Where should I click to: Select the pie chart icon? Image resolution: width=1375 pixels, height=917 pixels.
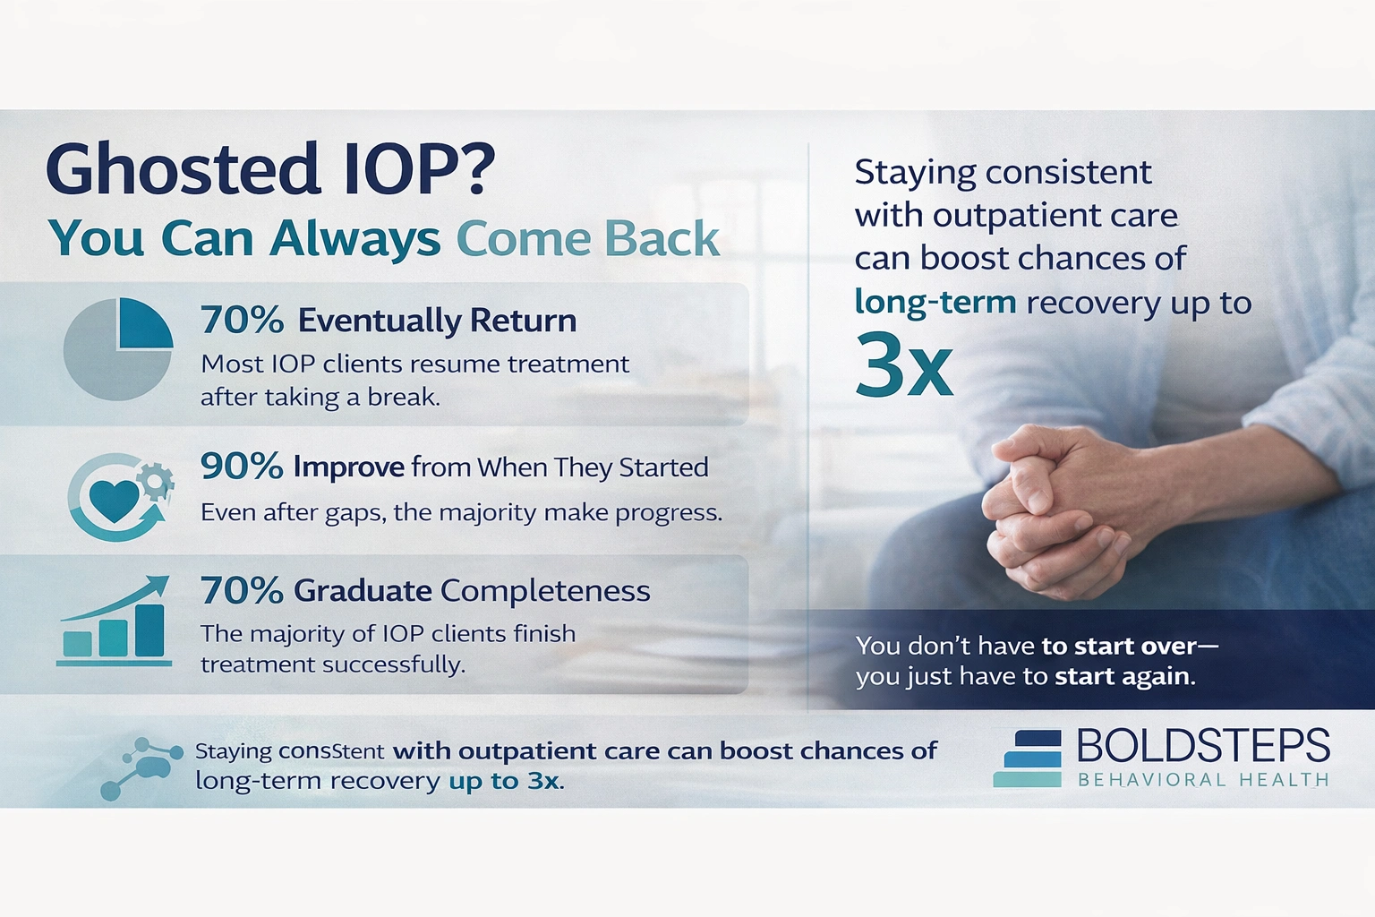(x=117, y=349)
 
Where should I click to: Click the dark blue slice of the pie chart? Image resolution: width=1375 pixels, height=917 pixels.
(x=143, y=324)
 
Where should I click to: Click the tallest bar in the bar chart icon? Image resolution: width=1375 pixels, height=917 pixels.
(x=149, y=630)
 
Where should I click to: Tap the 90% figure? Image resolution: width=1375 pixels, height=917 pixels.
(x=241, y=467)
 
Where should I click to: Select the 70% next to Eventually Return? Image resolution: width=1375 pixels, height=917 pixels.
(x=242, y=320)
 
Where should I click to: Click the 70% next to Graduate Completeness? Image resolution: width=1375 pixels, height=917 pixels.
(x=242, y=591)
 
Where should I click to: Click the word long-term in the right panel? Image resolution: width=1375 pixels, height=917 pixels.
(x=935, y=302)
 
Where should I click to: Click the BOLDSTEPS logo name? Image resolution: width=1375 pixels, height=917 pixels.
(x=1203, y=746)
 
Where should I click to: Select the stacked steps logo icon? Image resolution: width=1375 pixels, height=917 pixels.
(x=1028, y=759)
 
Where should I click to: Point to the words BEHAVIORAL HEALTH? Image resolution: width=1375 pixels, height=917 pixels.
(x=1203, y=780)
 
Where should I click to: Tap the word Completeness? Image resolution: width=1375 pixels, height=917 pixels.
(x=545, y=591)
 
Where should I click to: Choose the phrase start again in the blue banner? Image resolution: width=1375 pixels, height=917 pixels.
(x=1123, y=676)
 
